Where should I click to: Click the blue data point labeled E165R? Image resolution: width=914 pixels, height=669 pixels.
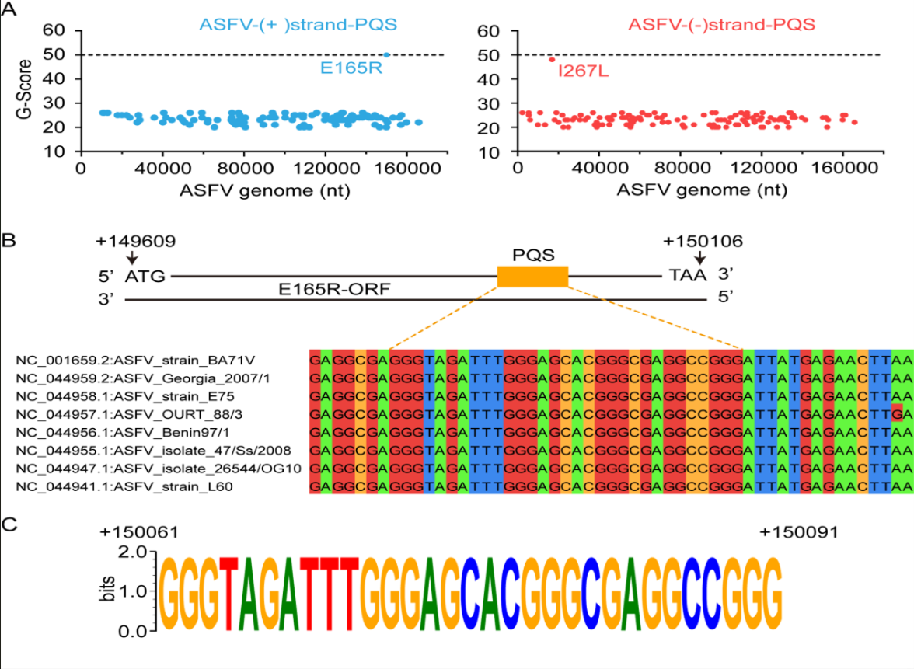click(387, 54)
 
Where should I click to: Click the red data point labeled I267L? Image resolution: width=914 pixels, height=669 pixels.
click(552, 60)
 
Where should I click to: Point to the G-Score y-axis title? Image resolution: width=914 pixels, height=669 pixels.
click(23, 92)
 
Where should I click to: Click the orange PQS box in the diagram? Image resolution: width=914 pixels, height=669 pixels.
click(532, 276)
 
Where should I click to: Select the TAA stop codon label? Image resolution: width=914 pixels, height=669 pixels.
click(689, 276)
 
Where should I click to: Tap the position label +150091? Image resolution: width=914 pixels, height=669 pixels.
click(799, 532)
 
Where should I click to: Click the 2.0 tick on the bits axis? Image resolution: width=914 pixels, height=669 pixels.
click(133, 552)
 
